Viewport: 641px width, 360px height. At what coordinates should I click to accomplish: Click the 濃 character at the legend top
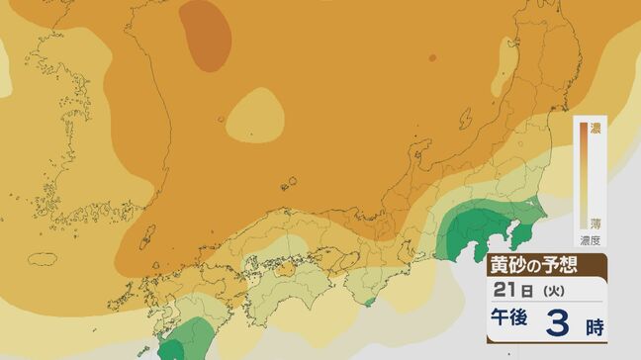point(595,129)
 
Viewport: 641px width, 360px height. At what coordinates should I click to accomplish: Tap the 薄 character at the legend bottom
point(595,224)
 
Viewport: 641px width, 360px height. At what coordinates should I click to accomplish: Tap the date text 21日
point(510,290)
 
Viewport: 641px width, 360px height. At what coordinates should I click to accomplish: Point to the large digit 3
point(559,323)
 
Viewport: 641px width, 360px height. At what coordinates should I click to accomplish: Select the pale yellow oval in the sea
point(255,113)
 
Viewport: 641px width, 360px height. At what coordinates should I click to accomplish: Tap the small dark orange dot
point(432,58)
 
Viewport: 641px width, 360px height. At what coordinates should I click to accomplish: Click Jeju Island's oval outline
point(44,259)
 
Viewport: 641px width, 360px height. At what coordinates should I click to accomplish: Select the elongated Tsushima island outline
point(148,236)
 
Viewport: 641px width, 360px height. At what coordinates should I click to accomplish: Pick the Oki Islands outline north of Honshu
point(288,182)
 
